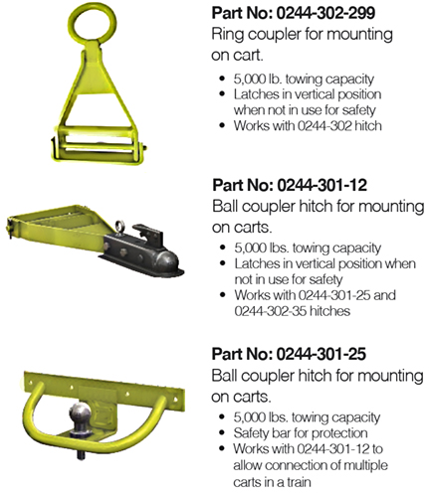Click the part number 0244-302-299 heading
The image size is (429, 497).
294,13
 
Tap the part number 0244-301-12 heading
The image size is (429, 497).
290,185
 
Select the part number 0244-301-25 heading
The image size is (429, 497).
289,354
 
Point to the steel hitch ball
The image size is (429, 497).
80,415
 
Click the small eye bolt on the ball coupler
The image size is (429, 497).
119,227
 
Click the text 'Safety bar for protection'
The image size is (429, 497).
301,433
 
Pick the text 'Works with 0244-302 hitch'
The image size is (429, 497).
308,125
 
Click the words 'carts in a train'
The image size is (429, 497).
272,481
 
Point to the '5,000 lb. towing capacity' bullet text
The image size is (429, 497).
304,80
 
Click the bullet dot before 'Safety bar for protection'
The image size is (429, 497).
222,433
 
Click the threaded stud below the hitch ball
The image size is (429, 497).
81,453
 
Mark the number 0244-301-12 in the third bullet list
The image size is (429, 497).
333,448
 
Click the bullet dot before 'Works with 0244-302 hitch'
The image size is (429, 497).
222,125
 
